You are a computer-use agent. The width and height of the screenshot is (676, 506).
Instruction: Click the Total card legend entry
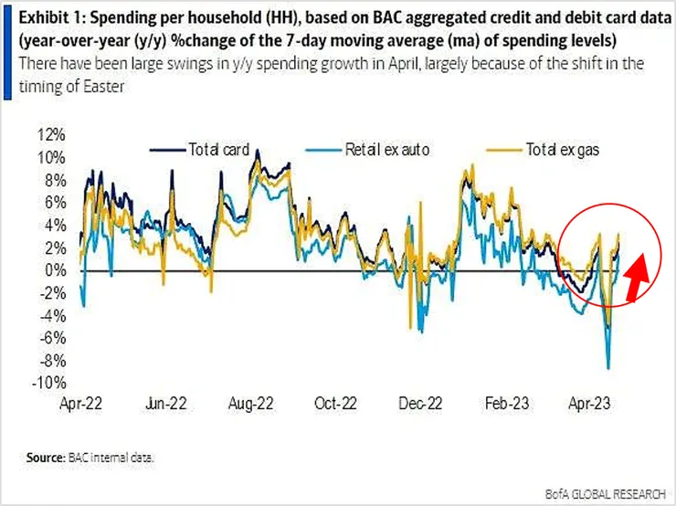tap(209, 150)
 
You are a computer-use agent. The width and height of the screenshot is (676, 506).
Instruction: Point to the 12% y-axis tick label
tap(52, 134)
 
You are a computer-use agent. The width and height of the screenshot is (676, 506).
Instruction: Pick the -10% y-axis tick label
tap(50, 383)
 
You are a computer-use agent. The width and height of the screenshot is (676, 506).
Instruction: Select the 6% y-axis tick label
tap(55, 203)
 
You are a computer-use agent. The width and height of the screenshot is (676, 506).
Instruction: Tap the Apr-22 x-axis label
tap(81, 403)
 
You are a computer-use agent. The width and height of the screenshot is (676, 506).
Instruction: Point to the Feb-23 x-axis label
tap(506, 403)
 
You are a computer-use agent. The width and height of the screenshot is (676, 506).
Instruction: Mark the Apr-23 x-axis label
tap(591, 403)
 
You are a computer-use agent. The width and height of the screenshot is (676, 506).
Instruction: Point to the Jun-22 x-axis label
tap(166, 403)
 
